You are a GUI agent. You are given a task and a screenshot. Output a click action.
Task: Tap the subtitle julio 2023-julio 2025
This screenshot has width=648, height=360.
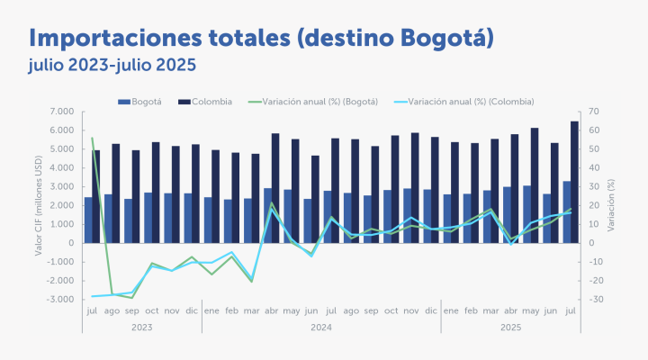(x=112, y=66)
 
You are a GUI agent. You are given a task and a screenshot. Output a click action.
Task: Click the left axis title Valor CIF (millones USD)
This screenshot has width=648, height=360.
(x=39, y=205)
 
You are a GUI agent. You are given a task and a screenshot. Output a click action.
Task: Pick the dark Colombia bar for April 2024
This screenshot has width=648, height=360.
(x=274, y=188)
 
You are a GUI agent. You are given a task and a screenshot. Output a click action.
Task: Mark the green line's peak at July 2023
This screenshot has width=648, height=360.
(x=92, y=138)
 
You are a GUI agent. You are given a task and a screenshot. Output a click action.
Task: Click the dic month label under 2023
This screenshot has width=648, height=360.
(x=191, y=310)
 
